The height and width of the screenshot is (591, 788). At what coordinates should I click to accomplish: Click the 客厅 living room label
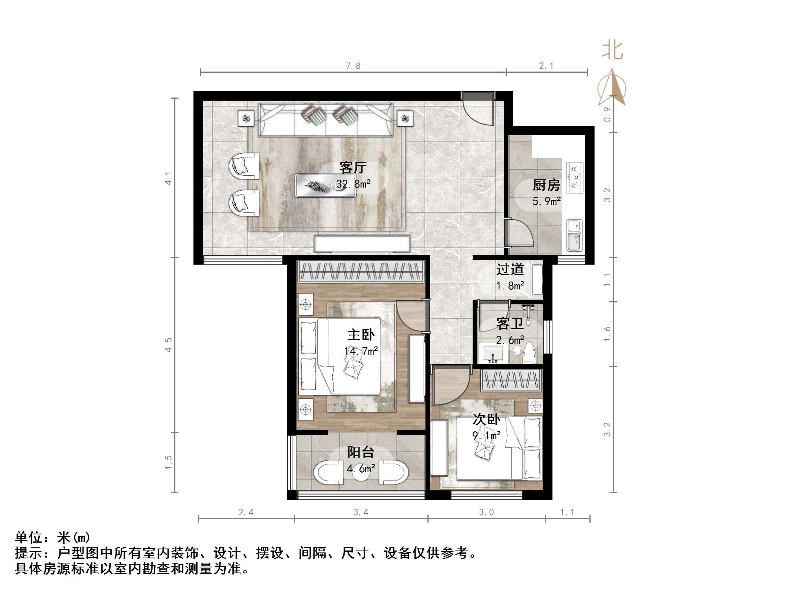(x=353, y=168)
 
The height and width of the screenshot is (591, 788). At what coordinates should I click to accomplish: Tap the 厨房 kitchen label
(x=546, y=185)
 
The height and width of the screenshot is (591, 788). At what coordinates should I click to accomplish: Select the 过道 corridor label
(x=510, y=269)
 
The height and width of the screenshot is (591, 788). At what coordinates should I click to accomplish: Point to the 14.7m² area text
(x=361, y=351)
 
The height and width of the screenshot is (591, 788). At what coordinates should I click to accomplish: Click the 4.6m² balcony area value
(x=361, y=469)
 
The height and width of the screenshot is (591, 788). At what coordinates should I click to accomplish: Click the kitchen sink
(x=574, y=235)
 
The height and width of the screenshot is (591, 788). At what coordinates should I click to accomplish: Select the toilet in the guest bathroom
(x=529, y=352)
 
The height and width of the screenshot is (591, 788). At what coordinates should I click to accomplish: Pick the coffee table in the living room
(x=326, y=185)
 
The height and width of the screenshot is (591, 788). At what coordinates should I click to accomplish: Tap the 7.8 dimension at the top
(x=353, y=66)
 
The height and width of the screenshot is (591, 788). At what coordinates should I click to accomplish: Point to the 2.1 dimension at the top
(x=546, y=66)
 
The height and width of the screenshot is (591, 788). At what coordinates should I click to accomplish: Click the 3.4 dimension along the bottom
(x=361, y=512)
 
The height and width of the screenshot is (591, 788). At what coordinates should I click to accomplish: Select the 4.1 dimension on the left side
(x=168, y=178)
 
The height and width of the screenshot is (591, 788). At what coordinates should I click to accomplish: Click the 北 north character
(x=612, y=51)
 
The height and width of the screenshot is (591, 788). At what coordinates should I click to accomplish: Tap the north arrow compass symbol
(x=612, y=88)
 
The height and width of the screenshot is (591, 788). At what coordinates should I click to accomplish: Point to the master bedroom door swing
(x=411, y=317)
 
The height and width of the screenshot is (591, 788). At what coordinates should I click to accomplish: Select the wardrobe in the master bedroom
(x=361, y=271)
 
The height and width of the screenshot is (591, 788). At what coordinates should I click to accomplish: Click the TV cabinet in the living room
(x=362, y=243)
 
